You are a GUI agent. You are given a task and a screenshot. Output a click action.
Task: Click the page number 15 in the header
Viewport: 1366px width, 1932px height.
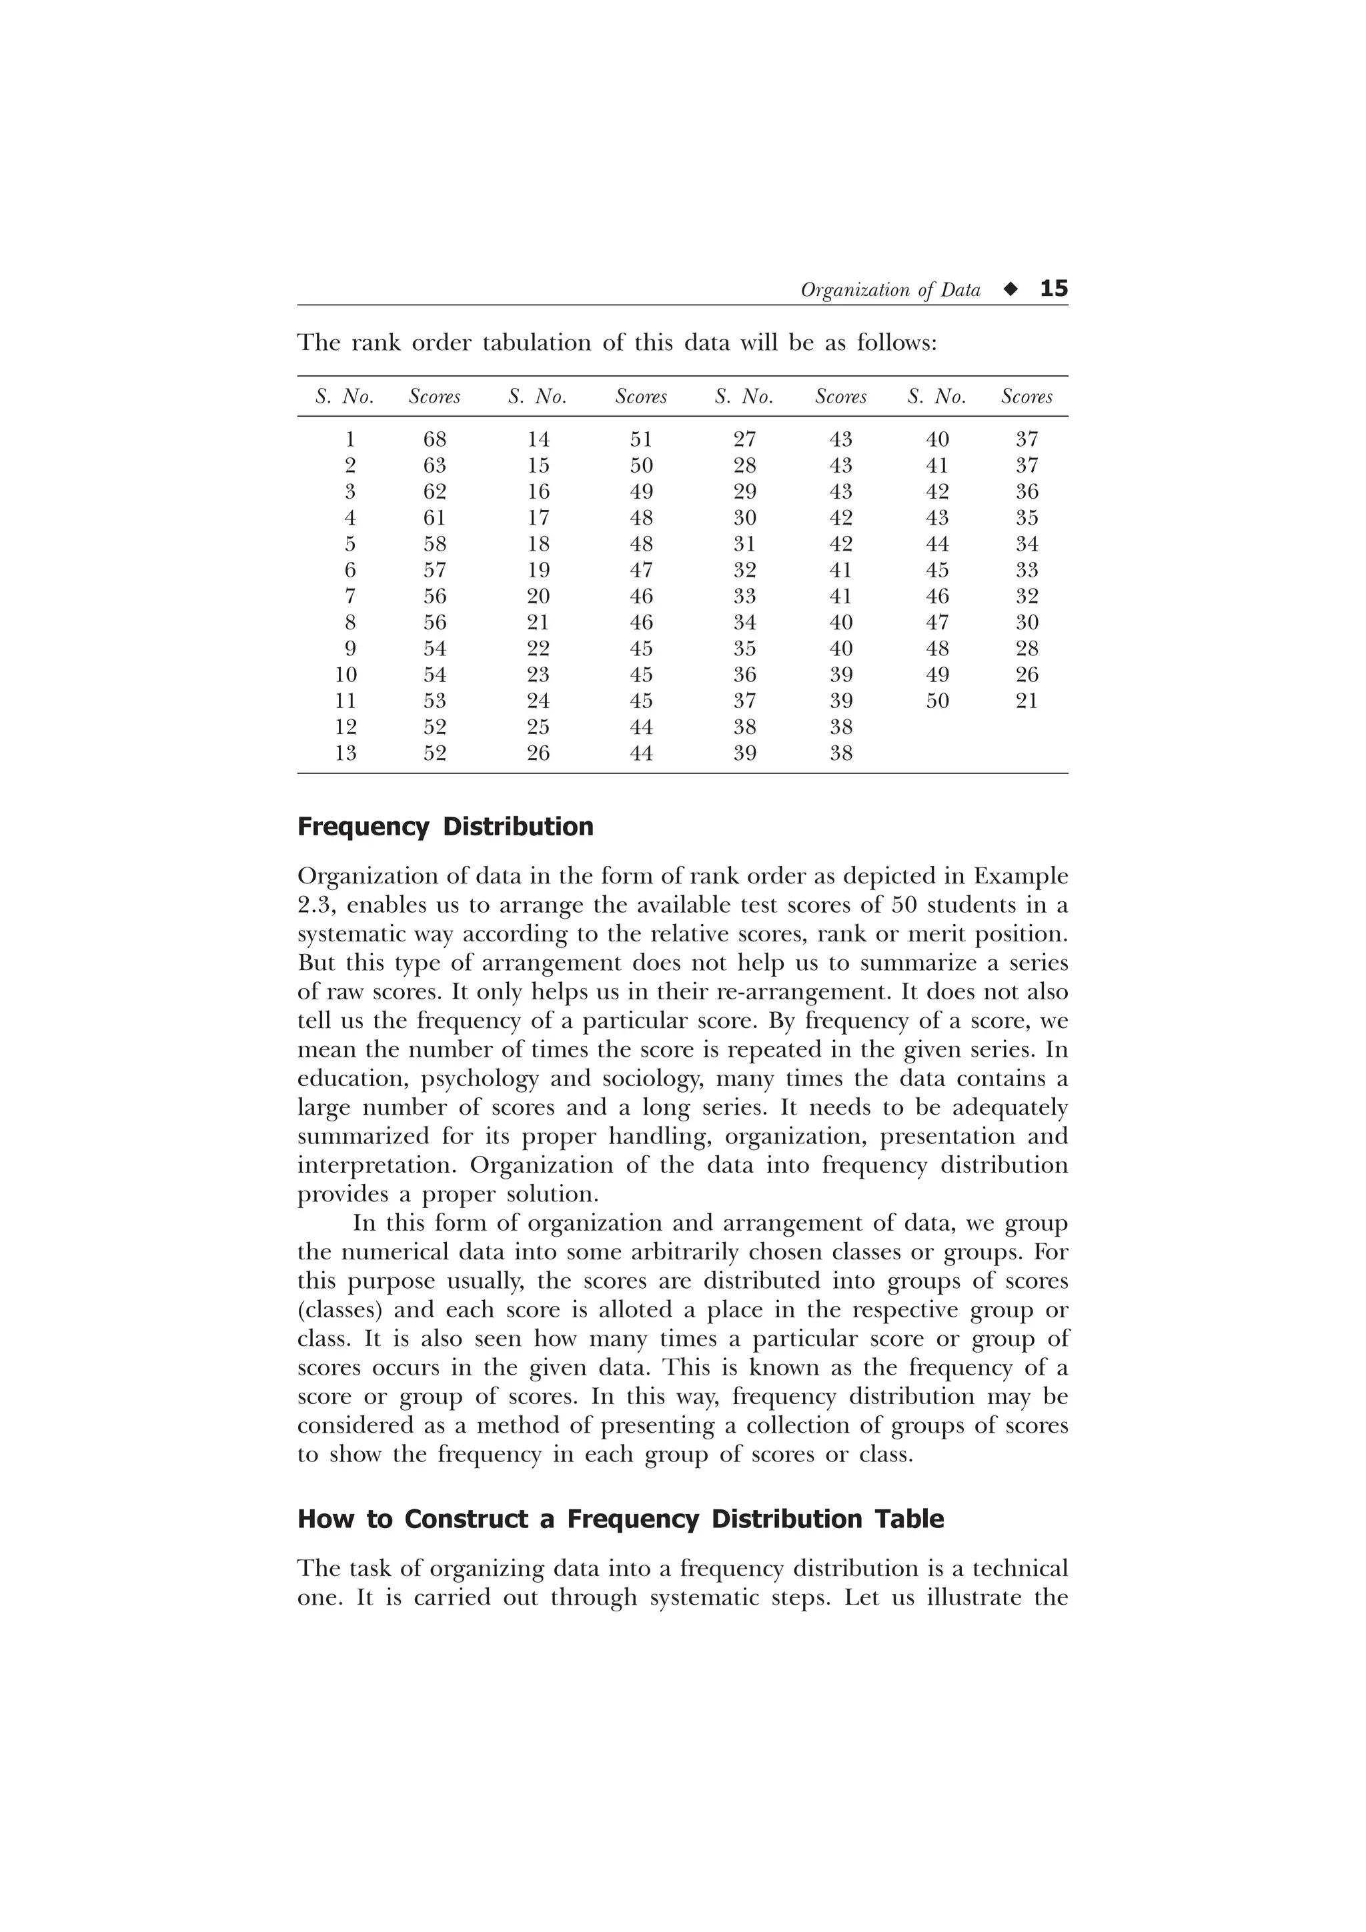coord(1054,289)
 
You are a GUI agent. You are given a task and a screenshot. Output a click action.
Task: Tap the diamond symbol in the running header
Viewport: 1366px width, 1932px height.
coord(1010,289)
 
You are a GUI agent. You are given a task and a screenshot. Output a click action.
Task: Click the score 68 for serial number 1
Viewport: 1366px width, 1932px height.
coord(434,439)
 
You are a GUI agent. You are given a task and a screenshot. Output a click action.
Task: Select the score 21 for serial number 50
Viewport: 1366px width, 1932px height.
coord(1027,701)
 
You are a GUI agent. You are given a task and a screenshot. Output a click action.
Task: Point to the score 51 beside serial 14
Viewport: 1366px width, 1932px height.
coord(642,439)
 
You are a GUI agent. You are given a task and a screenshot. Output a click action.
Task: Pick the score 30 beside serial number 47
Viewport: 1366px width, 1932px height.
coord(1027,623)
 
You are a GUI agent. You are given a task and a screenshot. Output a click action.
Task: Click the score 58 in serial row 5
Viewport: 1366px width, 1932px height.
coord(434,543)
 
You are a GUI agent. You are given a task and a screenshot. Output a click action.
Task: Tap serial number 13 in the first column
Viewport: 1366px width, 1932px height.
coord(346,753)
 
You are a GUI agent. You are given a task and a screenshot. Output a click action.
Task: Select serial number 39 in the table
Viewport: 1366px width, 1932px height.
coord(745,753)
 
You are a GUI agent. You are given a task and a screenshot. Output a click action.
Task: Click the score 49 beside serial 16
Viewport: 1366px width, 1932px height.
coord(642,491)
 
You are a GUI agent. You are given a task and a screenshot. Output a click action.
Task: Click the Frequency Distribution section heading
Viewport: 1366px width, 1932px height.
coord(446,827)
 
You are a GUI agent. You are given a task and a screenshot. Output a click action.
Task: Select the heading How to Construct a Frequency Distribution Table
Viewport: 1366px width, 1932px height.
coord(620,1519)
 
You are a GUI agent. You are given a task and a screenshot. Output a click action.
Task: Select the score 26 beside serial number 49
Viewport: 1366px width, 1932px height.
coord(1027,675)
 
